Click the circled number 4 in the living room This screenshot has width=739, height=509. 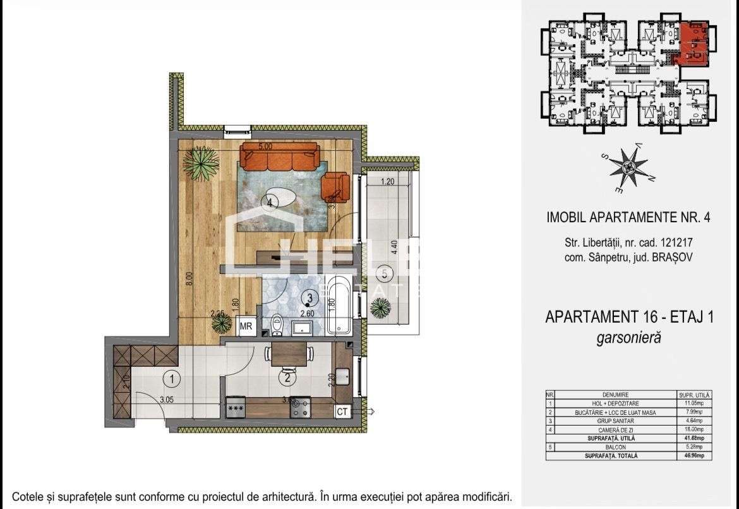pyautogui.click(x=270, y=203)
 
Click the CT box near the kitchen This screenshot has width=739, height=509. pyautogui.click(x=343, y=412)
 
